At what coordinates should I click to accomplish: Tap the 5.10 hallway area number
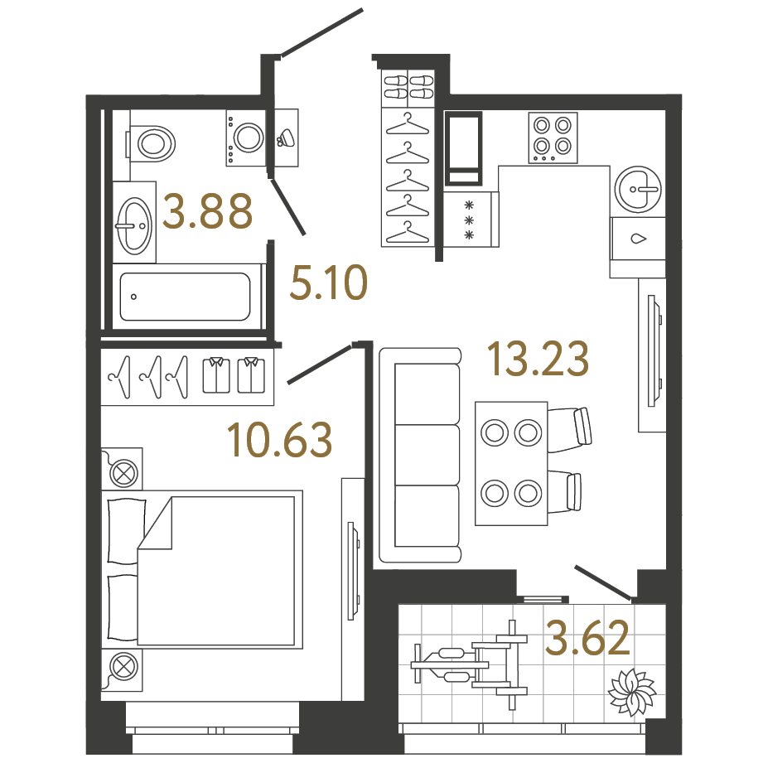tap(328, 283)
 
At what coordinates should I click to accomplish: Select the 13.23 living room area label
tap(538, 359)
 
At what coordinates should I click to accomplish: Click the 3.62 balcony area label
tap(588, 636)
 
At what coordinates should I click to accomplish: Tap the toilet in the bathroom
tap(152, 143)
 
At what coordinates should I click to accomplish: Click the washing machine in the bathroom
tap(246, 138)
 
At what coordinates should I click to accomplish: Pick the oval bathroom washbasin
tap(134, 225)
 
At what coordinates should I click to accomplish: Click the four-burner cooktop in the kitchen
tap(553, 138)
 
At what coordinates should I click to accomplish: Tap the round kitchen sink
tap(638, 189)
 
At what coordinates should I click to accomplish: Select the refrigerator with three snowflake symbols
tap(471, 220)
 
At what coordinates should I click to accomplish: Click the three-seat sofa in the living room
tap(420, 456)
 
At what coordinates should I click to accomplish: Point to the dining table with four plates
tap(511, 463)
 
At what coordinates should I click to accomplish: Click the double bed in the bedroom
tap(202, 570)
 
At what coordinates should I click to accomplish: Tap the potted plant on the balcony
tap(631, 692)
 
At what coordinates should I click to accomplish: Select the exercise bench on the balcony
tap(469, 664)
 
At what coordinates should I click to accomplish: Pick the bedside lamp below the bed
tap(122, 670)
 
